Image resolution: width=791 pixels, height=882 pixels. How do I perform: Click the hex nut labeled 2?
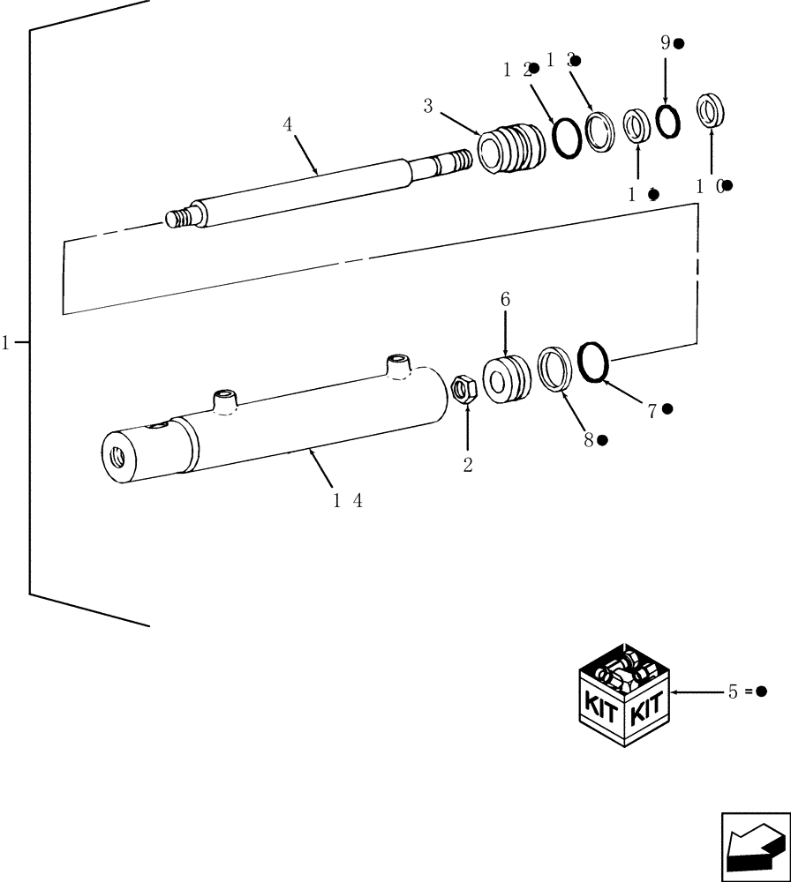[464, 388]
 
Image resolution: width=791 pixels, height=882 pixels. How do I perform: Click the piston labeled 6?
[507, 378]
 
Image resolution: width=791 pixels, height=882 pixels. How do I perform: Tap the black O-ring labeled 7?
[593, 363]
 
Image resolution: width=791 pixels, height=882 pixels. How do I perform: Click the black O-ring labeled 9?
[667, 122]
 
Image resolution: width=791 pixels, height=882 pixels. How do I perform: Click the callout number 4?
[288, 124]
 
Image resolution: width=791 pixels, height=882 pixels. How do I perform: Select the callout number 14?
[348, 500]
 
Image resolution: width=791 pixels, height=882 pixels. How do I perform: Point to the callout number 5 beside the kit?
[733, 692]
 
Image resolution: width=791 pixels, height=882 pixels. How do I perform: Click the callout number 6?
[505, 300]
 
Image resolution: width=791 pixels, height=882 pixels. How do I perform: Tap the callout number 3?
[427, 106]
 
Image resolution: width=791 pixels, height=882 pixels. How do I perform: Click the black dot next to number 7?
[667, 408]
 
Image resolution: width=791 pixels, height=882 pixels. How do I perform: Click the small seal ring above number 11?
[636, 125]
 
